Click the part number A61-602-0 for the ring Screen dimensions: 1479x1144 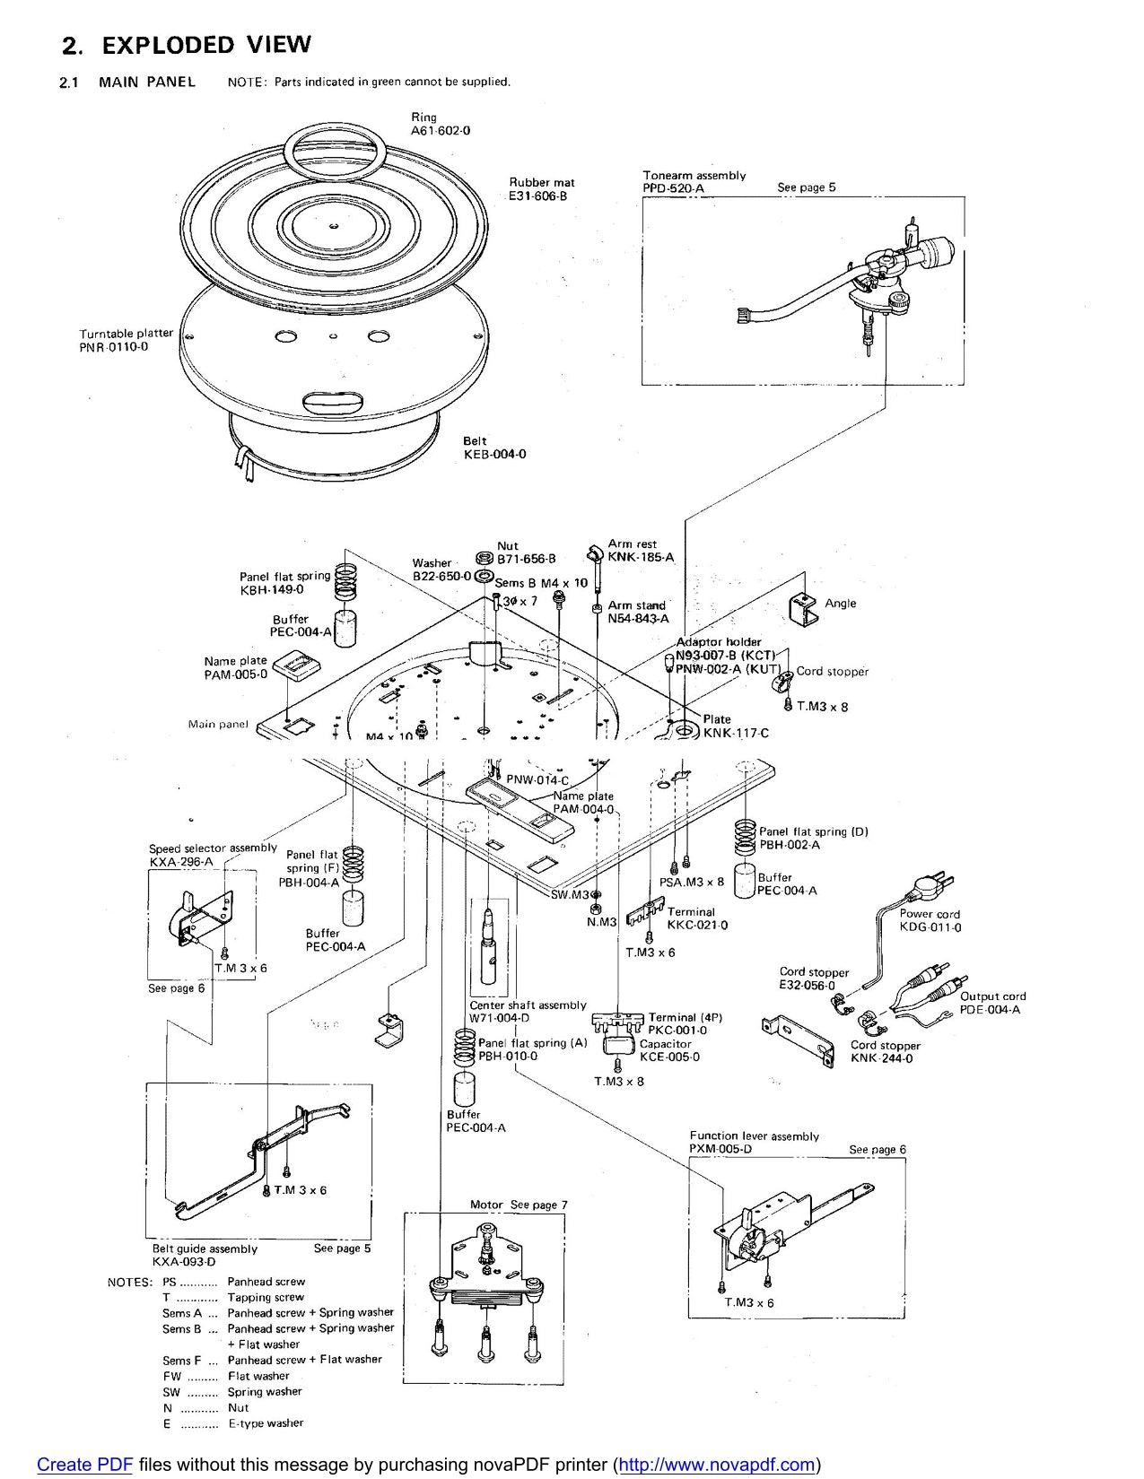coord(441,131)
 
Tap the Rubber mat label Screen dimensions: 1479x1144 coord(542,182)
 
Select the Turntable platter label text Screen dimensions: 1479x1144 coord(126,334)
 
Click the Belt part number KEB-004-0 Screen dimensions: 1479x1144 coord(494,454)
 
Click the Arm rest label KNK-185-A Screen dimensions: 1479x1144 coord(641,557)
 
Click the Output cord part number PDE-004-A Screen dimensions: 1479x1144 coord(990,1009)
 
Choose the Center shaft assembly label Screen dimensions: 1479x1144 coord(528,1005)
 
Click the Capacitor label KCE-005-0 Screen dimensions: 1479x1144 coord(669,1057)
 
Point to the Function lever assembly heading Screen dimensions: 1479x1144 coord(754,1136)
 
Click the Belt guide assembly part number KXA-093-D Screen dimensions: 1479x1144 coord(184,1261)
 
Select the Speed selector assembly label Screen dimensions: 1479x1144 coord(213,848)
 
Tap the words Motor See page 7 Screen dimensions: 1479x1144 coord(519,1205)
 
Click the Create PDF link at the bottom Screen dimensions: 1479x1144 coord(84,1465)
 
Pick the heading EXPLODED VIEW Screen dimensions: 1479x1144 coord(206,45)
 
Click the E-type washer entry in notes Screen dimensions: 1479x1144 coord(266,1423)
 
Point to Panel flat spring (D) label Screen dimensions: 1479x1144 coord(813,831)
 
